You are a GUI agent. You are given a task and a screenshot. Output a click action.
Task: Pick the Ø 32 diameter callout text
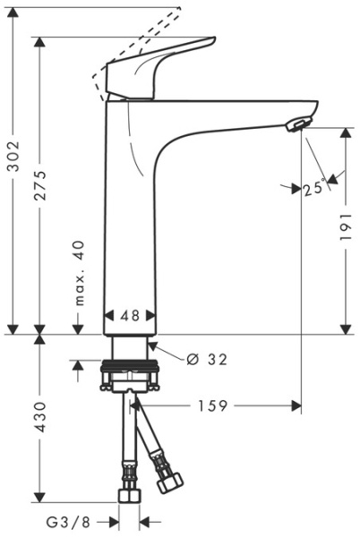click(207, 360)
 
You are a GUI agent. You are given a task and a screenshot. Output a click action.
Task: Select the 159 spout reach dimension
click(211, 405)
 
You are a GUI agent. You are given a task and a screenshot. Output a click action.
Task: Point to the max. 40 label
click(81, 273)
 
